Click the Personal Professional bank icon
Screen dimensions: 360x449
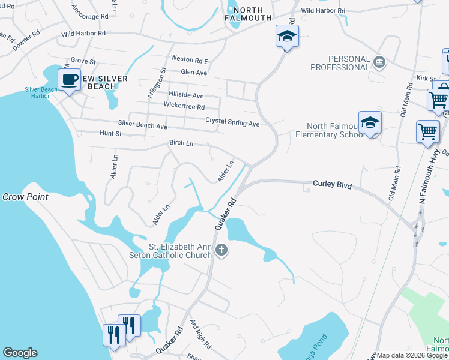point(379,61)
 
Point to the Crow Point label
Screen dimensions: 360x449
point(25,197)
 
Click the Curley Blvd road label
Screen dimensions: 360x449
point(332,184)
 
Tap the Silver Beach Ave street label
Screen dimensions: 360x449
point(142,125)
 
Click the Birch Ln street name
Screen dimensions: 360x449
point(181,143)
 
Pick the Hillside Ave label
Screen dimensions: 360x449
point(186,95)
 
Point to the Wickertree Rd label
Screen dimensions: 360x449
point(184,106)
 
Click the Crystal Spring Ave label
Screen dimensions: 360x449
point(232,122)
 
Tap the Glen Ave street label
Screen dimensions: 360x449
point(194,73)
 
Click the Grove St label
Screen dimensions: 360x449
point(83,61)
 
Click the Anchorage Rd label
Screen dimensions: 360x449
point(90,12)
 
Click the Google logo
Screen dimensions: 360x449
point(20,353)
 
